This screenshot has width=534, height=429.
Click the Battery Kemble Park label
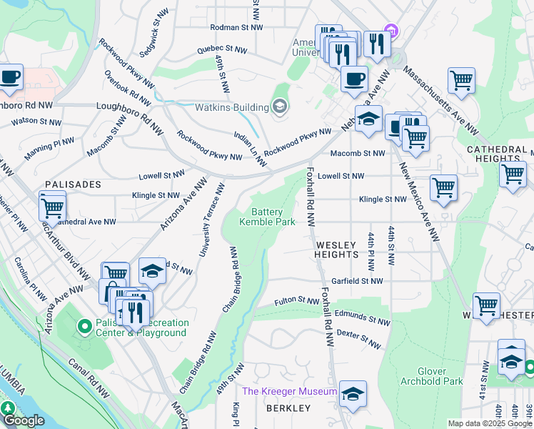(x=266, y=217)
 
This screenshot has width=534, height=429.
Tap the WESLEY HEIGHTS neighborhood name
(x=336, y=250)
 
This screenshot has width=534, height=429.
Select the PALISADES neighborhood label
(x=73, y=184)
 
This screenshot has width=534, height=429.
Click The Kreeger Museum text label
(x=289, y=391)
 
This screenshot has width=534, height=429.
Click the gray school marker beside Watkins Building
(x=279, y=108)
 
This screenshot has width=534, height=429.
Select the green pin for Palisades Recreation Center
(x=84, y=327)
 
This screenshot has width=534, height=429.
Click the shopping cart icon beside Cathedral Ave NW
(x=52, y=208)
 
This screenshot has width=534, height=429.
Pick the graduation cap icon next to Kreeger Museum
(x=353, y=394)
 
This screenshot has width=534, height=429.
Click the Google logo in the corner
(x=24, y=420)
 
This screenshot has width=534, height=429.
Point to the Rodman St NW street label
(x=236, y=27)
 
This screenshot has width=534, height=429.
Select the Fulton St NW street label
(x=296, y=301)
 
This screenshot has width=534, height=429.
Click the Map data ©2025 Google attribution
(x=490, y=423)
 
